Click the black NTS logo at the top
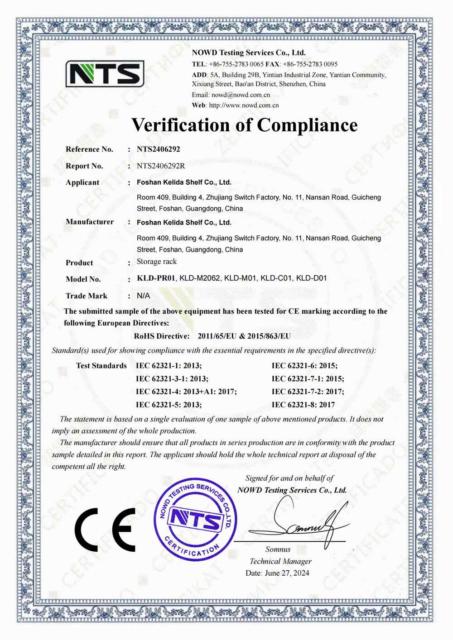[x=105, y=73]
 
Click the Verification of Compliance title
[x=244, y=125]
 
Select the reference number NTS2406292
[x=159, y=149]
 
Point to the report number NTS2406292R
[x=161, y=166]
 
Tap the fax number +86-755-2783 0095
[x=310, y=64]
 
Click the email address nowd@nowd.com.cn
[x=241, y=95]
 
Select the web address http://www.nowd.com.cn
[x=244, y=105]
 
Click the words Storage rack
[x=157, y=262]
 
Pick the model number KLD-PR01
[x=156, y=278]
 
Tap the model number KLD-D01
[x=311, y=278]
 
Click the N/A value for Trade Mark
[x=144, y=296]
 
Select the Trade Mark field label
[x=87, y=296]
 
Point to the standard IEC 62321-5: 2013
[x=169, y=405]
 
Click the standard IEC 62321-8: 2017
[x=303, y=405]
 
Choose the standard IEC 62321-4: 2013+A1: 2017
[x=186, y=392]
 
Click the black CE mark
[x=105, y=530]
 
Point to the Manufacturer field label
[x=90, y=222]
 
